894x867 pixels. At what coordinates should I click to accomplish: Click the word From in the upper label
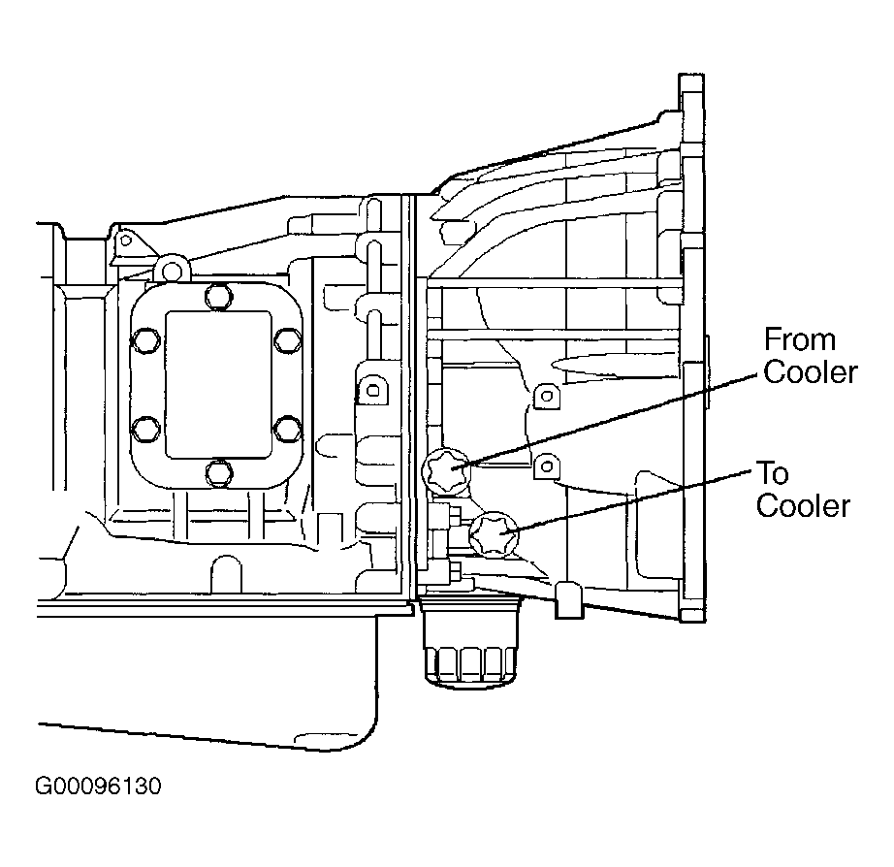click(x=799, y=340)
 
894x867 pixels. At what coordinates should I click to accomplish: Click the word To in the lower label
click(x=773, y=473)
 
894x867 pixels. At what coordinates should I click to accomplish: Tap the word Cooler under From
click(x=811, y=372)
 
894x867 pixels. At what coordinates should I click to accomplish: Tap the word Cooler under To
click(x=803, y=506)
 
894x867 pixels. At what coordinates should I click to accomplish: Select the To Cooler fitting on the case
click(x=494, y=533)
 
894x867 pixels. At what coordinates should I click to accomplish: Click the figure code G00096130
click(x=98, y=786)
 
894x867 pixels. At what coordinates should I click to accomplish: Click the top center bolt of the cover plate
click(x=218, y=297)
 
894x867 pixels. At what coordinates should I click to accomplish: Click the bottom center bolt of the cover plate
click(x=218, y=473)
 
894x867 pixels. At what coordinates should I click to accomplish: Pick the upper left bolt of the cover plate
click(x=145, y=341)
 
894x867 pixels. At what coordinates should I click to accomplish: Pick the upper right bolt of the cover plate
click(x=287, y=341)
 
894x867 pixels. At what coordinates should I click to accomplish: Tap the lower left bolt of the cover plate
click(x=145, y=430)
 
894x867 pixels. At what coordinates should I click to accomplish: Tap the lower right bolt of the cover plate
click(x=287, y=430)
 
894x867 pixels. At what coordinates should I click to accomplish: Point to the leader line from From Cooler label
click(x=606, y=422)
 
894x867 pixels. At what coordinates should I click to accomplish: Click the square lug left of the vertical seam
click(x=372, y=391)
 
